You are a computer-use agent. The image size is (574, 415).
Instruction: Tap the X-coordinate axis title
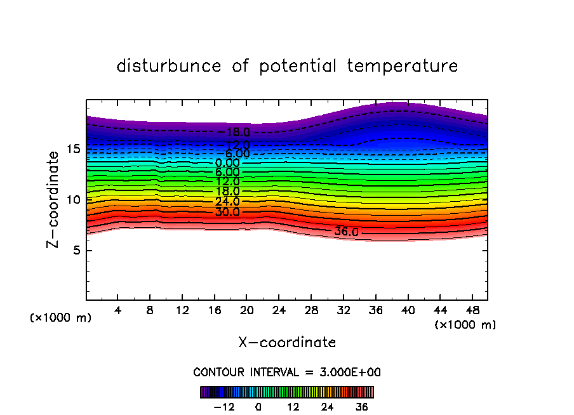(x=287, y=343)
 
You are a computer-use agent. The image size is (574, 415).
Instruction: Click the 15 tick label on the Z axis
(x=73, y=149)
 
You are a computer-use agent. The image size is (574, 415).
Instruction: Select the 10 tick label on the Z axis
(x=73, y=200)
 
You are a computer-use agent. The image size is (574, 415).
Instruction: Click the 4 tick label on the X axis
(x=118, y=310)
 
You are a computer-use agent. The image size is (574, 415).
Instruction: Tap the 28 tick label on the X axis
(x=310, y=310)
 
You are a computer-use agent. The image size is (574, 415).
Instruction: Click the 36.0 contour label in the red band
(x=347, y=232)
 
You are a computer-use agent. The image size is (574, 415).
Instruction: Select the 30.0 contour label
(x=227, y=212)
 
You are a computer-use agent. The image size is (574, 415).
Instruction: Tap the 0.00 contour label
(x=227, y=163)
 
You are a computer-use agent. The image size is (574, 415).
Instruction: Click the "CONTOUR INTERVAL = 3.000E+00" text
(x=287, y=372)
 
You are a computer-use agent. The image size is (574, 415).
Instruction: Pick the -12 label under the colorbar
(x=224, y=406)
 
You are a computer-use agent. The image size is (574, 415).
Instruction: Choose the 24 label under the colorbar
(x=327, y=406)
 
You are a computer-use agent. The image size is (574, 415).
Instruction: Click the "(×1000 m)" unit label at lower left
(x=61, y=318)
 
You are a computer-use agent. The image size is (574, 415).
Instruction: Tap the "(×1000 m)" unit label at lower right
(x=465, y=325)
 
